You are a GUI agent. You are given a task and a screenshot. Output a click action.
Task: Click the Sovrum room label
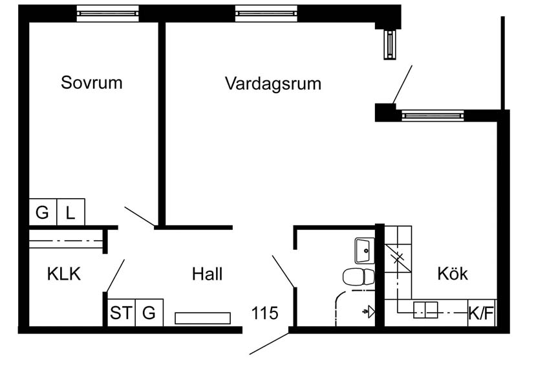point(92,82)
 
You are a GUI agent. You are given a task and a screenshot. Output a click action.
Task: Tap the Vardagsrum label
point(273,84)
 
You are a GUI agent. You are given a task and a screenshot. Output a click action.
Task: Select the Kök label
point(453,273)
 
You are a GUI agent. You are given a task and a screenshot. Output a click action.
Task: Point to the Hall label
point(207,274)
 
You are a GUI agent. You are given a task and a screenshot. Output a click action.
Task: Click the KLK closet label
point(64,274)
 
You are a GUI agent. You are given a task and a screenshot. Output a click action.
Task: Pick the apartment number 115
point(265,313)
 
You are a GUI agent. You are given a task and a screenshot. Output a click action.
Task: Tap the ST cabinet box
point(122,313)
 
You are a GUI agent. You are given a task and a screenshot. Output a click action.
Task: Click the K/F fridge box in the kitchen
point(482,313)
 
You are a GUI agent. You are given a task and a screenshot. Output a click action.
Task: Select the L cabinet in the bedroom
point(70,212)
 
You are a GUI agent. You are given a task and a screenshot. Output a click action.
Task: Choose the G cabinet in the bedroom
point(43,212)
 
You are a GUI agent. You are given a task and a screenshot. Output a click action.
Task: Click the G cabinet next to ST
point(149,313)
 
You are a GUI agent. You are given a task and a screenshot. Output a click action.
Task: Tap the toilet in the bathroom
point(359,276)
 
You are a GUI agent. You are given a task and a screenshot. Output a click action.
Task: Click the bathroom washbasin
point(365,251)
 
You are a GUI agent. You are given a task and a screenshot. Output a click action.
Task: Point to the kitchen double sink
point(425,310)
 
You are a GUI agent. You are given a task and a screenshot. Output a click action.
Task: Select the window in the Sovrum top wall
point(108,14)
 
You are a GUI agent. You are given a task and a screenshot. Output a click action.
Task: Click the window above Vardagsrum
point(266,14)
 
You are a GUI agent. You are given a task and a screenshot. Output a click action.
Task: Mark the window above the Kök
point(433,116)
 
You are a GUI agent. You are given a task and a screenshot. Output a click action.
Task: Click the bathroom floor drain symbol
point(369,312)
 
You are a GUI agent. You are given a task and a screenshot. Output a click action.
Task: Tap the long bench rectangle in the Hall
point(203,319)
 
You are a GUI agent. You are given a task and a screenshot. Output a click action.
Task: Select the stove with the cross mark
point(398,258)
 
